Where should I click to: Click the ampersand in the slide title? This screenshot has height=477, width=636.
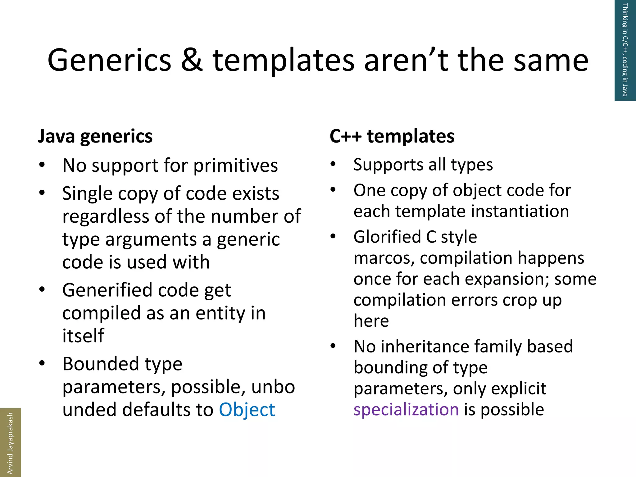click(x=192, y=61)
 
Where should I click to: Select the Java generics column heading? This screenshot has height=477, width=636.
click(x=95, y=136)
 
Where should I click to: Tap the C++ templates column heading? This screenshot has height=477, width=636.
click(x=392, y=136)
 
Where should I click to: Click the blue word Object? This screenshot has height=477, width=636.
click(x=247, y=410)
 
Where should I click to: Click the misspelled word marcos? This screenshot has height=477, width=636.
click(x=383, y=258)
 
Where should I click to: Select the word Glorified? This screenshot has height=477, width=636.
click(x=387, y=237)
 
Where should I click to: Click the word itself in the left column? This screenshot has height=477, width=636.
click(x=83, y=336)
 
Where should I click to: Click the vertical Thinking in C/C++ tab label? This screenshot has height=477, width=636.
click(x=625, y=50)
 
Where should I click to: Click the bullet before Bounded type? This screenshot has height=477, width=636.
click(x=42, y=363)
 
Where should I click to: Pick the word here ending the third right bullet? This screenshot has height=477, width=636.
click(x=371, y=321)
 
